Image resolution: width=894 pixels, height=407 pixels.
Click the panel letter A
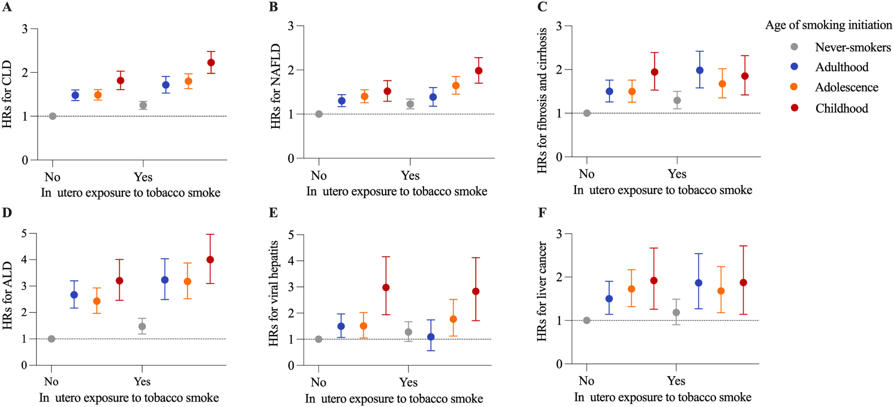coord(7,6)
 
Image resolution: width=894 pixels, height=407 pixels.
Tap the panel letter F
coord(542,212)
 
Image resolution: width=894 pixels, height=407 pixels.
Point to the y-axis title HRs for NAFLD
coord(276,86)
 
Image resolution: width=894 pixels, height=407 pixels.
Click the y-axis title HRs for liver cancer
coord(542,291)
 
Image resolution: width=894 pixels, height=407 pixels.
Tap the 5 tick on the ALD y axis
coord(24,233)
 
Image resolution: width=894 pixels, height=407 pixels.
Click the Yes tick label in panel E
coord(408,382)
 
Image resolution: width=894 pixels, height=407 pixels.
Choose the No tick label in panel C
coord(587,174)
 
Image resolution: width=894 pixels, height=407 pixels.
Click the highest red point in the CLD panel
coord(211,62)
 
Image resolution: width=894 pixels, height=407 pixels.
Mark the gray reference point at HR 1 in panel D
coord(51,339)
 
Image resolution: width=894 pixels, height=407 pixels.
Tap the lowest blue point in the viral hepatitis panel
coord(431,337)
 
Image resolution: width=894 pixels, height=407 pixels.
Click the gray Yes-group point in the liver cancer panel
coord(676,313)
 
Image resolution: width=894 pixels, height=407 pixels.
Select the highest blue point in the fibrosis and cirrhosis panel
coord(700,70)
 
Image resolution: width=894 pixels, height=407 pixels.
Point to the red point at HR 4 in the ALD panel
coord(210,260)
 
